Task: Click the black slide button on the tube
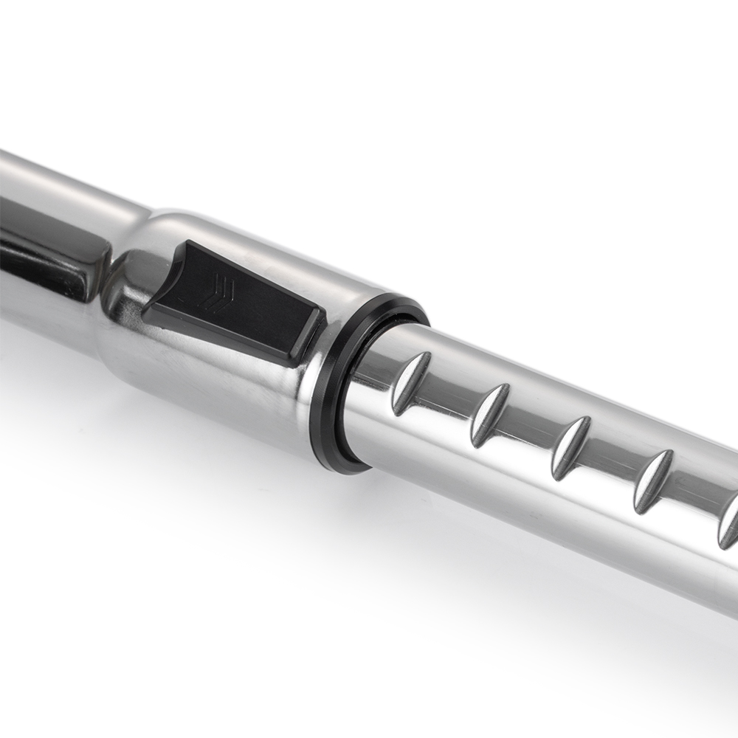pyautogui.click(x=236, y=303)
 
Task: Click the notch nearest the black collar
pyautogui.click(x=410, y=382)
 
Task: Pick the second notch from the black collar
pyautogui.click(x=490, y=415)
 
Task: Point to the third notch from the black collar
pyautogui.click(x=571, y=447)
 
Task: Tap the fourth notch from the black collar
pyautogui.click(x=653, y=481)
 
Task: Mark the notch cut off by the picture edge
pyautogui.click(x=728, y=521)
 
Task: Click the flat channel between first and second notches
pyautogui.click(x=450, y=402)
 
